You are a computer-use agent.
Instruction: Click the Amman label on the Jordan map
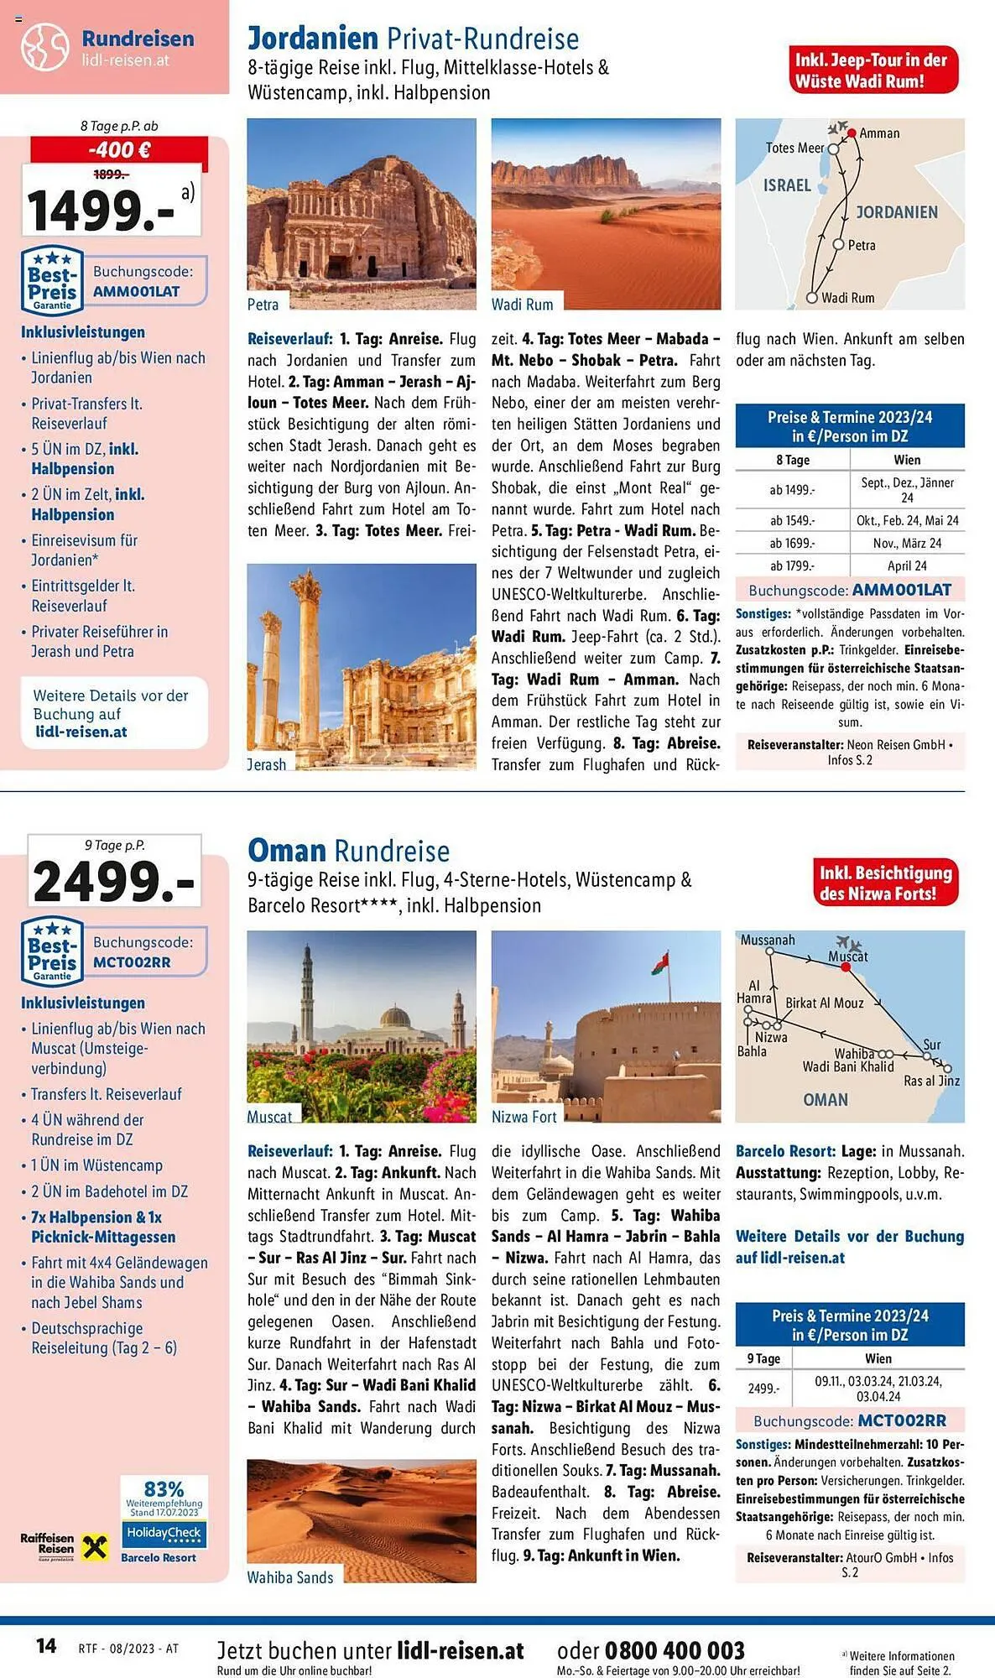(879, 133)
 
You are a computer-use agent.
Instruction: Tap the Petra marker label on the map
(862, 245)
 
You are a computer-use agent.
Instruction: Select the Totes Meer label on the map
(794, 148)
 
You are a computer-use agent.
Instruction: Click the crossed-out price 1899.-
(111, 175)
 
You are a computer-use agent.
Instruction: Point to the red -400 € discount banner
(119, 149)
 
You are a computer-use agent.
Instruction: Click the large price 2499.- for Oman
(114, 881)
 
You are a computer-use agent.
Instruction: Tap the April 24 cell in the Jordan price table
(907, 565)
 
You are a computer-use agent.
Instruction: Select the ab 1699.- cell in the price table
(792, 543)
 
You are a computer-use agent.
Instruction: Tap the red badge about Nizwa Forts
(885, 883)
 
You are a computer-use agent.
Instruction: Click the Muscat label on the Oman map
(848, 956)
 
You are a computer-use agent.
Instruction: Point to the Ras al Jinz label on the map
(931, 1081)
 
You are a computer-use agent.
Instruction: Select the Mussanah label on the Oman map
(767, 940)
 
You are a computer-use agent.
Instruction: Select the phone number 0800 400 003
(675, 1650)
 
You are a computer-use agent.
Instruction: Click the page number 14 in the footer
(46, 1645)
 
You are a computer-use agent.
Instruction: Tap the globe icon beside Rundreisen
(45, 47)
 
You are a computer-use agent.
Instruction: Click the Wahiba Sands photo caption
(290, 1577)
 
